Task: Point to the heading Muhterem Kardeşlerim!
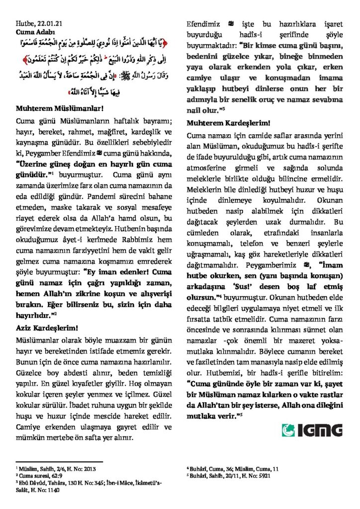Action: pos(228,123)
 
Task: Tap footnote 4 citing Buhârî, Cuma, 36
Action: pos(232,468)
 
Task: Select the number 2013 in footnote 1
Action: pos(88,468)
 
